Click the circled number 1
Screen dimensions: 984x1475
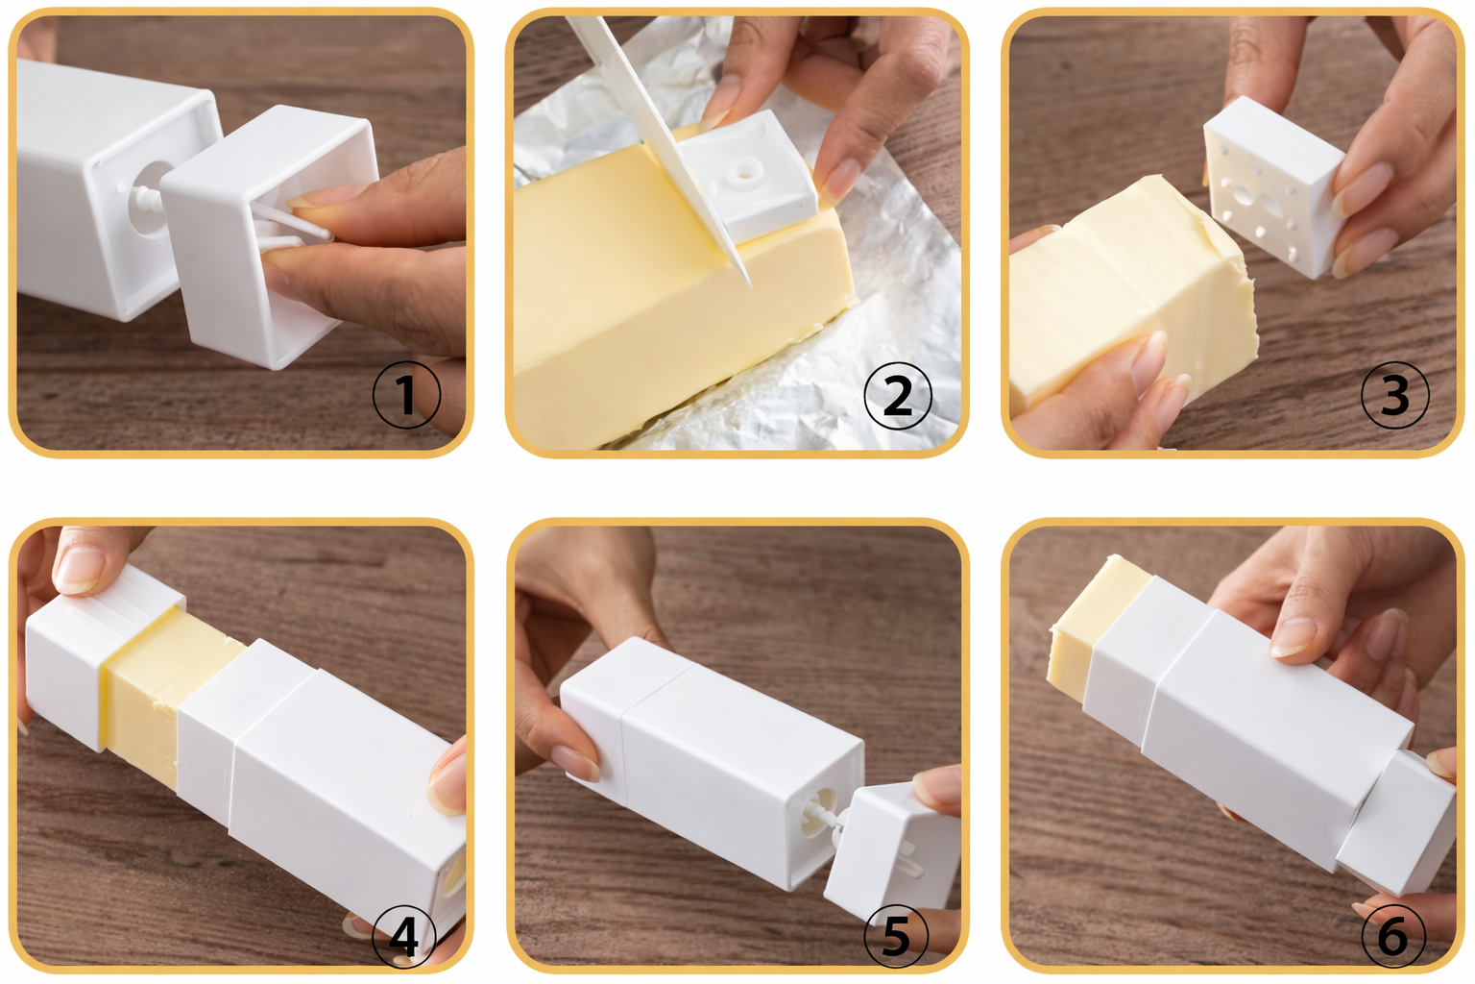point(406,395)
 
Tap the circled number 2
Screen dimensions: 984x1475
point(897,395)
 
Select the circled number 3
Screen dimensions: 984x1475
point(1394,395)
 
